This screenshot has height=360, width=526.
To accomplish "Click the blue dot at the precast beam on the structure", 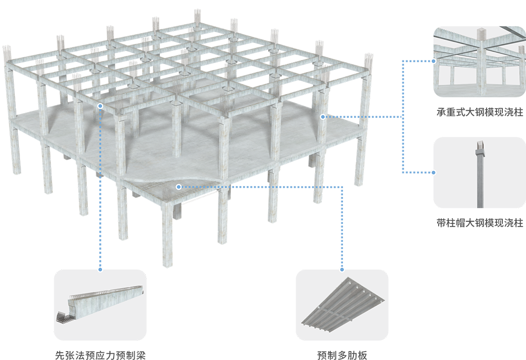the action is pos(100,106).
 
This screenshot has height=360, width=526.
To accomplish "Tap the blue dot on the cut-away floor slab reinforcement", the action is pos(179,187).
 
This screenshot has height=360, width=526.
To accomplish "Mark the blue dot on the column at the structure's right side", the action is pos(323,117).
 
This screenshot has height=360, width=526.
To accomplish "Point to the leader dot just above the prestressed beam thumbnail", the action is pos(100,270).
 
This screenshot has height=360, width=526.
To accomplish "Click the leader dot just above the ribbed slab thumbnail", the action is pos(342,270).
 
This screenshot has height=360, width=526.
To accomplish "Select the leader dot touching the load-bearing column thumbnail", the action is pos(433,61).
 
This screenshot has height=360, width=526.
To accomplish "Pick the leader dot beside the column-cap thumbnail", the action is pos(433,172).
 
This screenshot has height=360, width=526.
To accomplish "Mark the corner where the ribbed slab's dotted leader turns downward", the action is pos(342,187).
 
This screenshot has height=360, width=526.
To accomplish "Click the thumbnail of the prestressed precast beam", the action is pos(100,305).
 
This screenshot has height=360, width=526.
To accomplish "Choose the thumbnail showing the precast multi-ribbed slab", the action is pos(342,305).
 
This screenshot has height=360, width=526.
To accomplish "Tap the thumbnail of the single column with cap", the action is pos(480,172).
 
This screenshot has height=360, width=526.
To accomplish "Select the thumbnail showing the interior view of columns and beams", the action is pos(480,61).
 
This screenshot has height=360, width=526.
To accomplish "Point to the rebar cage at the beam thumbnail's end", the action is pos(63,317).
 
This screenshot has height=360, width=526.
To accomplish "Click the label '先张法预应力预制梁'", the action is pos(100,355).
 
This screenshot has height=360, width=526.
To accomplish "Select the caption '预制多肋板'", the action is pos(342,355).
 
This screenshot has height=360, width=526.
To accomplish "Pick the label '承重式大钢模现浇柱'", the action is pos(480,112).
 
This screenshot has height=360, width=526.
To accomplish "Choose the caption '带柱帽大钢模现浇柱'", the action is pos(480,223).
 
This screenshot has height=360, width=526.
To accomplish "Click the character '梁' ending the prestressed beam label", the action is pos(141,355).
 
